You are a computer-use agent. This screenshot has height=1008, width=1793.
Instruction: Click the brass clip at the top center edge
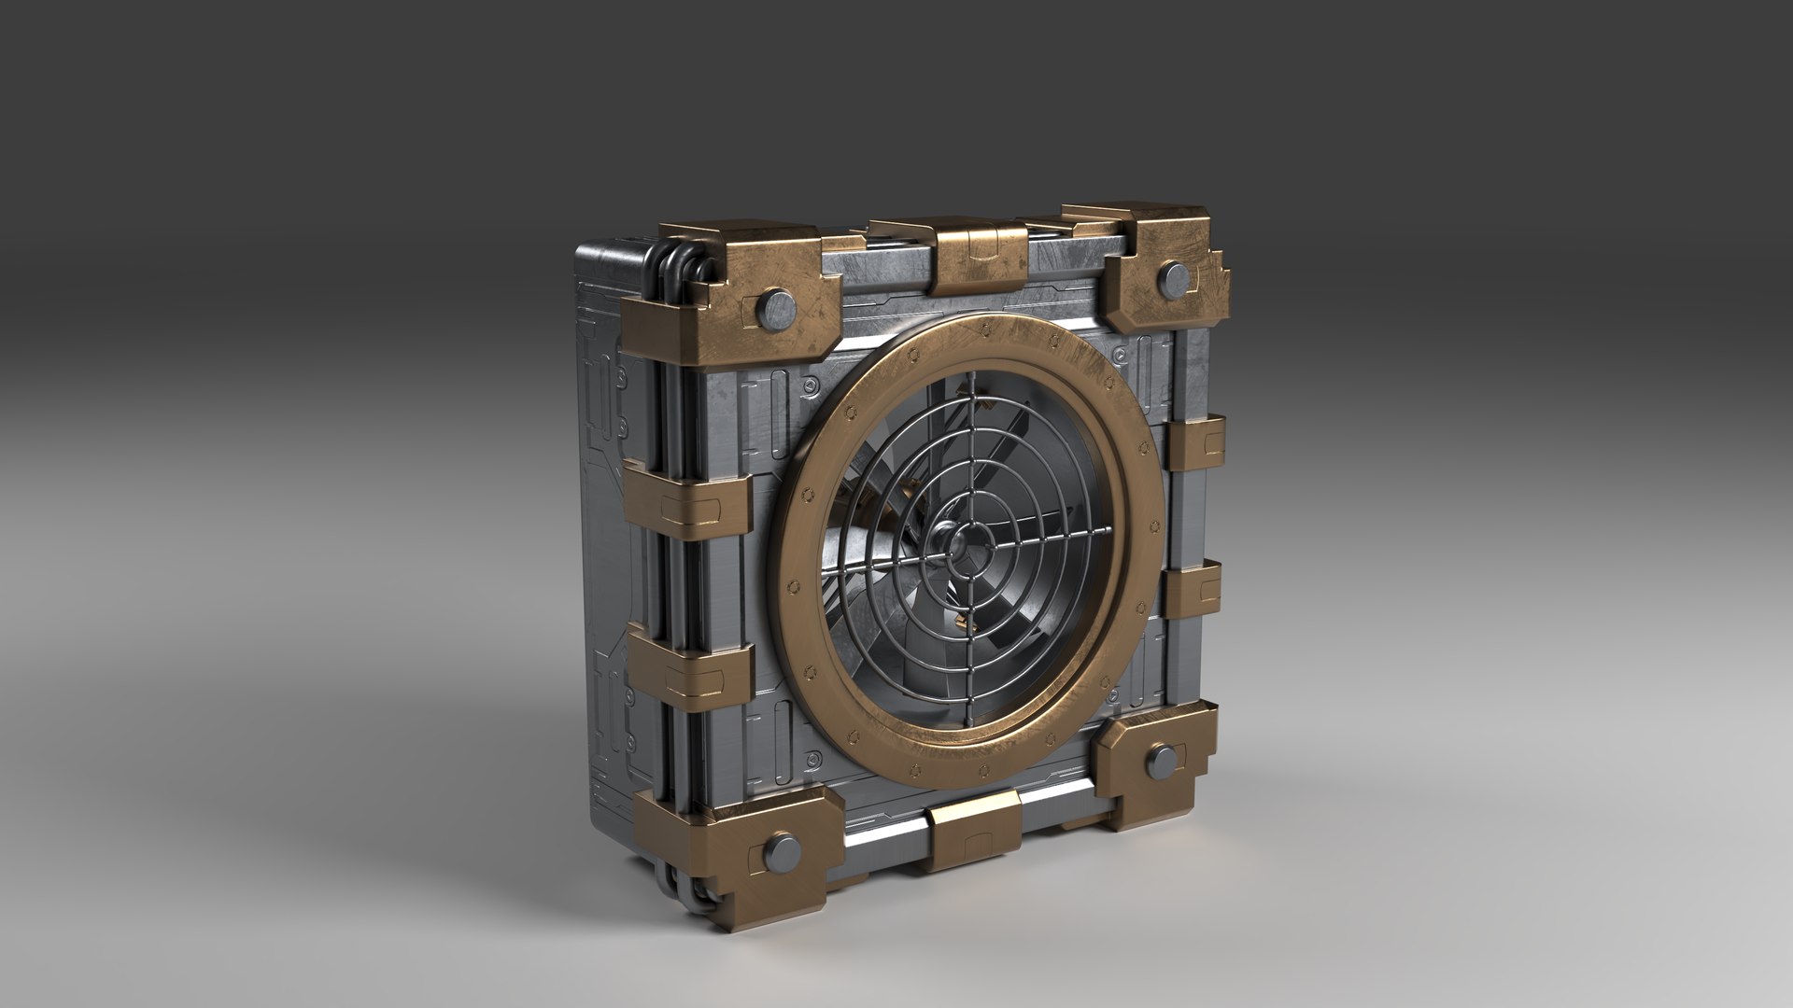981,257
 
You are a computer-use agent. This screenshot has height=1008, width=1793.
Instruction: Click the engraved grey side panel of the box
607,560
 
